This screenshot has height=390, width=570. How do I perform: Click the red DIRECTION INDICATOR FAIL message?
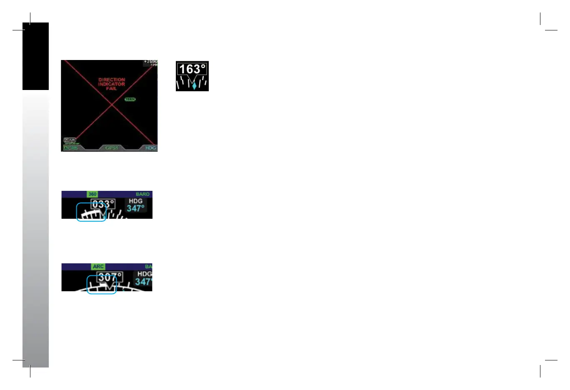[112, 84]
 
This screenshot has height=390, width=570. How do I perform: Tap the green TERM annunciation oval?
[130, 100]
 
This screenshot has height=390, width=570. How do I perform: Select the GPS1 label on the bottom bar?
[112, 148]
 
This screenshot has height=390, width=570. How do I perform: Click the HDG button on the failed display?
[150, 148]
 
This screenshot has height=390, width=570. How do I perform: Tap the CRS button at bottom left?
[71, 148]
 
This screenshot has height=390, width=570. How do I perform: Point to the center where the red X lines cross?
[111, 105]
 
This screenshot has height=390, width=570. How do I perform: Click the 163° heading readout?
[192, 69]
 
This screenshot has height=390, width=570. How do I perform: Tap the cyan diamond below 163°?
[194, 85]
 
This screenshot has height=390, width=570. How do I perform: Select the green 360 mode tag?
[92, 194]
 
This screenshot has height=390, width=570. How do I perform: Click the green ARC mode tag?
[98, 267]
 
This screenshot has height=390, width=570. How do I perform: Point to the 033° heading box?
[103, 204]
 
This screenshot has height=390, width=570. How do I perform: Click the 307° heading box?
[110, 277]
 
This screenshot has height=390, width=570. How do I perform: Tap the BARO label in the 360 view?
[142, 194]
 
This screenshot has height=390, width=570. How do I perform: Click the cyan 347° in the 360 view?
[136, 208]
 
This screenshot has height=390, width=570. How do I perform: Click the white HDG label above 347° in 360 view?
[136, 201]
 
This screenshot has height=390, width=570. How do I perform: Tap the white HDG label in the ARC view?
[145, 274]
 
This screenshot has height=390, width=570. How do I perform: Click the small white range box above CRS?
[70, 140]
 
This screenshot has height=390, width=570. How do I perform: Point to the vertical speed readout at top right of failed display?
[151, 62]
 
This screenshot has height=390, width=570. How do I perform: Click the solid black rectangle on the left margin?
[35, 56]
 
